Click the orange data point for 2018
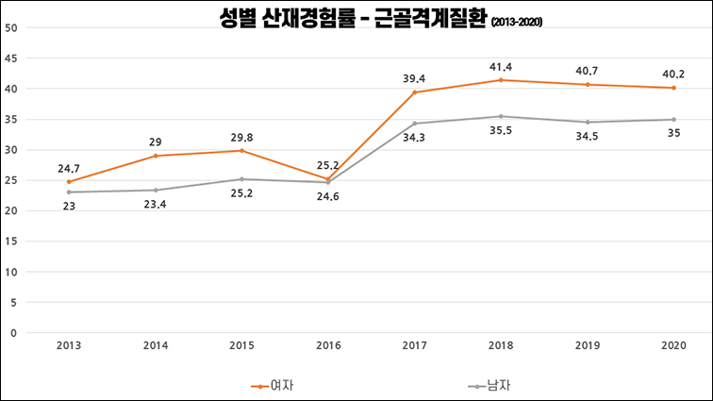[501, 80]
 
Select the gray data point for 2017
[414, 124]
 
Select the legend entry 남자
[491, 386]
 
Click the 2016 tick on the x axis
[327, 345]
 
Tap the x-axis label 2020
[673, 345]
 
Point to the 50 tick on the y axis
[11, 27]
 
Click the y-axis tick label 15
[11, 242]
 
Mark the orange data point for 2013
[69, 182]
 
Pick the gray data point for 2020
[673, 120]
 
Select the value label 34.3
[414, 138]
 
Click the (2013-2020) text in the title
[516, 22]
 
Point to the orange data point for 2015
[241, 151]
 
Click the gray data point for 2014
[156, 190]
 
